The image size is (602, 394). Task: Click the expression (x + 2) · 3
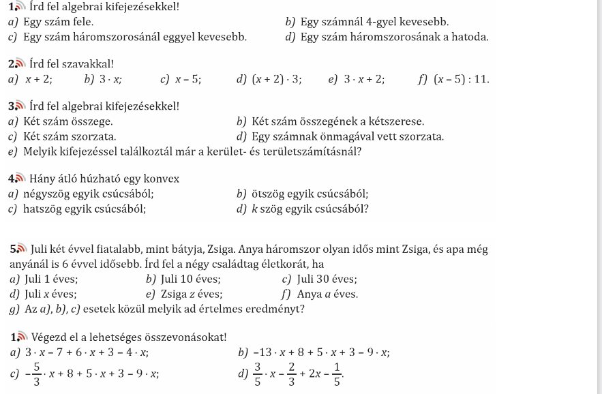point(277,79)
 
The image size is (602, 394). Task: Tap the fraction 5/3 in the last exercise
point(36,373)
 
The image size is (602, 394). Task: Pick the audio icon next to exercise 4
point(21,179)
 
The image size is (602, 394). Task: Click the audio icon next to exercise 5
point(21,249)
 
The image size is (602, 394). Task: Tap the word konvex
point(157,179)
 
